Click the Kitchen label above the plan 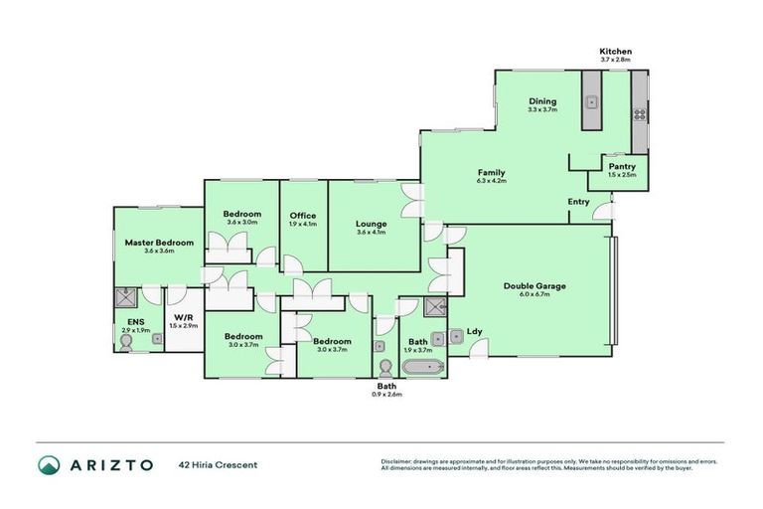tap(615, 51)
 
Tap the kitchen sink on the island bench tap(590, 100)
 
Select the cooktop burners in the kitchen tap(640, 113)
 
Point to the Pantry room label tap(622, 166)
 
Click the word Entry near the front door tap(578, 202)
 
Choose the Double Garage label tap(534, 286)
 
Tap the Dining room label tap(542, 101)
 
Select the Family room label tap(491, 173)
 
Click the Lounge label tap(372, 224)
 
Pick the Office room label tap(302, 216)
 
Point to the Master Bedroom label tap(158, 242)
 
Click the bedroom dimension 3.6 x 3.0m tap(242, 223)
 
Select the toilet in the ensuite tap(125, 341)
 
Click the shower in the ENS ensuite tap(127, 295)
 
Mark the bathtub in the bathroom tap(426, 367)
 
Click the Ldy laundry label tap(474, 332)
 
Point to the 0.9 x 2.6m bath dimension tap(387, 395)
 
